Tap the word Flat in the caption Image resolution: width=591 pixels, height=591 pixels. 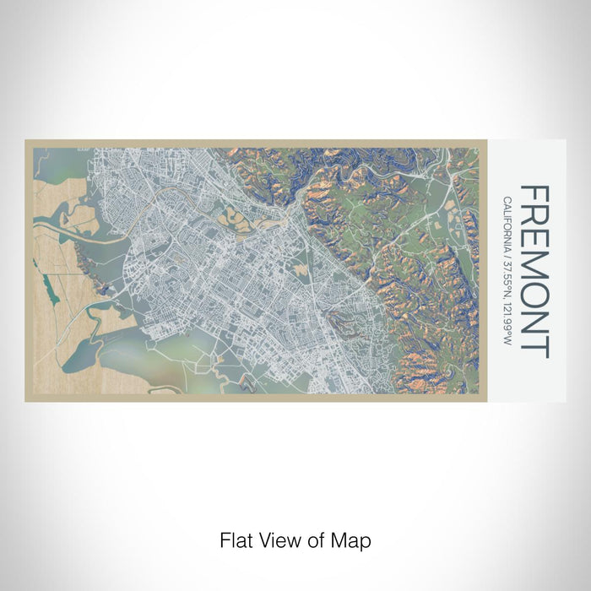pyautogui.click(x=236, y=539)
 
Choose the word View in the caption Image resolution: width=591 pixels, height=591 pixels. pyautogui.click(x=278, y=539)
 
